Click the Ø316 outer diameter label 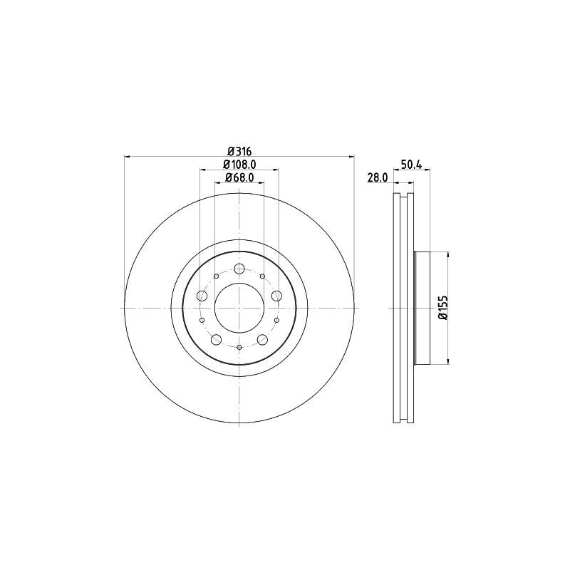(239, 150)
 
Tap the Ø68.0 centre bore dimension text (239, 177)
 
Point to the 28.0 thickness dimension (376, 177)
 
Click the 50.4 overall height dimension (412, 165)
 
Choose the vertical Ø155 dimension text (442, 308)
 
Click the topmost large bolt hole (239, 269)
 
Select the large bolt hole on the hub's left (202, 296)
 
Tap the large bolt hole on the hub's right (276, 296)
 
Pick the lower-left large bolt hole (217, 339)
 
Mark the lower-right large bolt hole (262, 339)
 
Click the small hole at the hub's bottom (239, 347)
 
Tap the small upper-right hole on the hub (262, 276)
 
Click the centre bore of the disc (239, 308)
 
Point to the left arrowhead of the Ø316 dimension (128, 156)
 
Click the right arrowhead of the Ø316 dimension (351, 156)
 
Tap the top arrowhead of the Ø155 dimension (448, 255)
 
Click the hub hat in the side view (422, 308)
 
